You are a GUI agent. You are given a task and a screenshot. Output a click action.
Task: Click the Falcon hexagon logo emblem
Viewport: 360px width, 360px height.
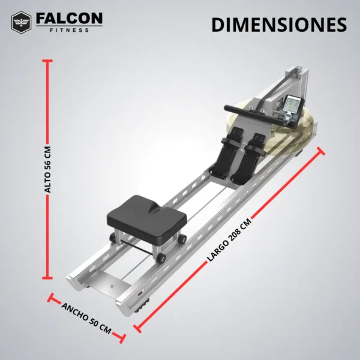22,22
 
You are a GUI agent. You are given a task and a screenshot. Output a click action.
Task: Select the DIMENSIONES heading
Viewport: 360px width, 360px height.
279,25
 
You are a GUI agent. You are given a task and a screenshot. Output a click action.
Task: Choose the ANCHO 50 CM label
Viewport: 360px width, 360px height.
86,317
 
